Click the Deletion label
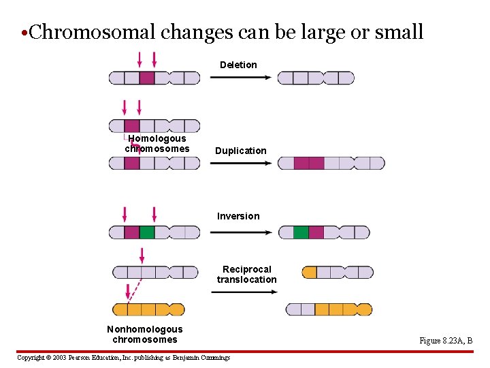pyautogui.click(x=238, y=65)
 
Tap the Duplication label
pyautogui.click(x=241, y=151)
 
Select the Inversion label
pyautogui.click(x=238, y=216)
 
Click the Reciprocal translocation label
pyautogui.click(x=247, y=274)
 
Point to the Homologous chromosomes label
pyautogui.click(x=157, y=143)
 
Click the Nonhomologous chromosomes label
pyautogui.click(x=144, y=334)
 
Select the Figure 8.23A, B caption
pyautogui.click(x=446, y=341)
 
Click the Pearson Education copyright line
pyautogui.click(x=123, y=357)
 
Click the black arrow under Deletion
pyautogui.click(x=240, y=78)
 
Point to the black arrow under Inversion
pyautogui.click(x=240, y=232)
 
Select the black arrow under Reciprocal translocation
pyautogui.click(x=244, y=291)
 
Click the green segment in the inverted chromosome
pyautogui.click(x=301, y=232)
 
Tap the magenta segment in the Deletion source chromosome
pyautogui.click(x=147, y=78)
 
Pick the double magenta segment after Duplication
pyautogui.click(x=309, y=164)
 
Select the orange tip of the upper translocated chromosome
pyautogui.click(x=310, y=273)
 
